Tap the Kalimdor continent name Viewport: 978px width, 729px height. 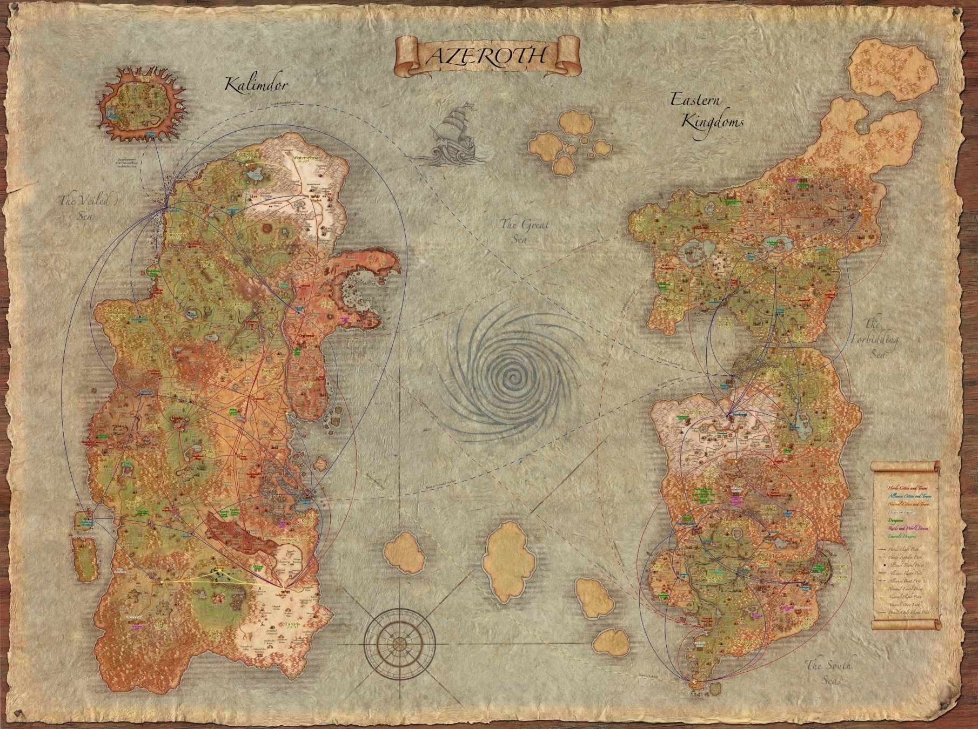coord(257,85)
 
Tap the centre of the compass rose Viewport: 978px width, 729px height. coord(399,642)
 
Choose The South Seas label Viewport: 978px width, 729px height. coord(828,672)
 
